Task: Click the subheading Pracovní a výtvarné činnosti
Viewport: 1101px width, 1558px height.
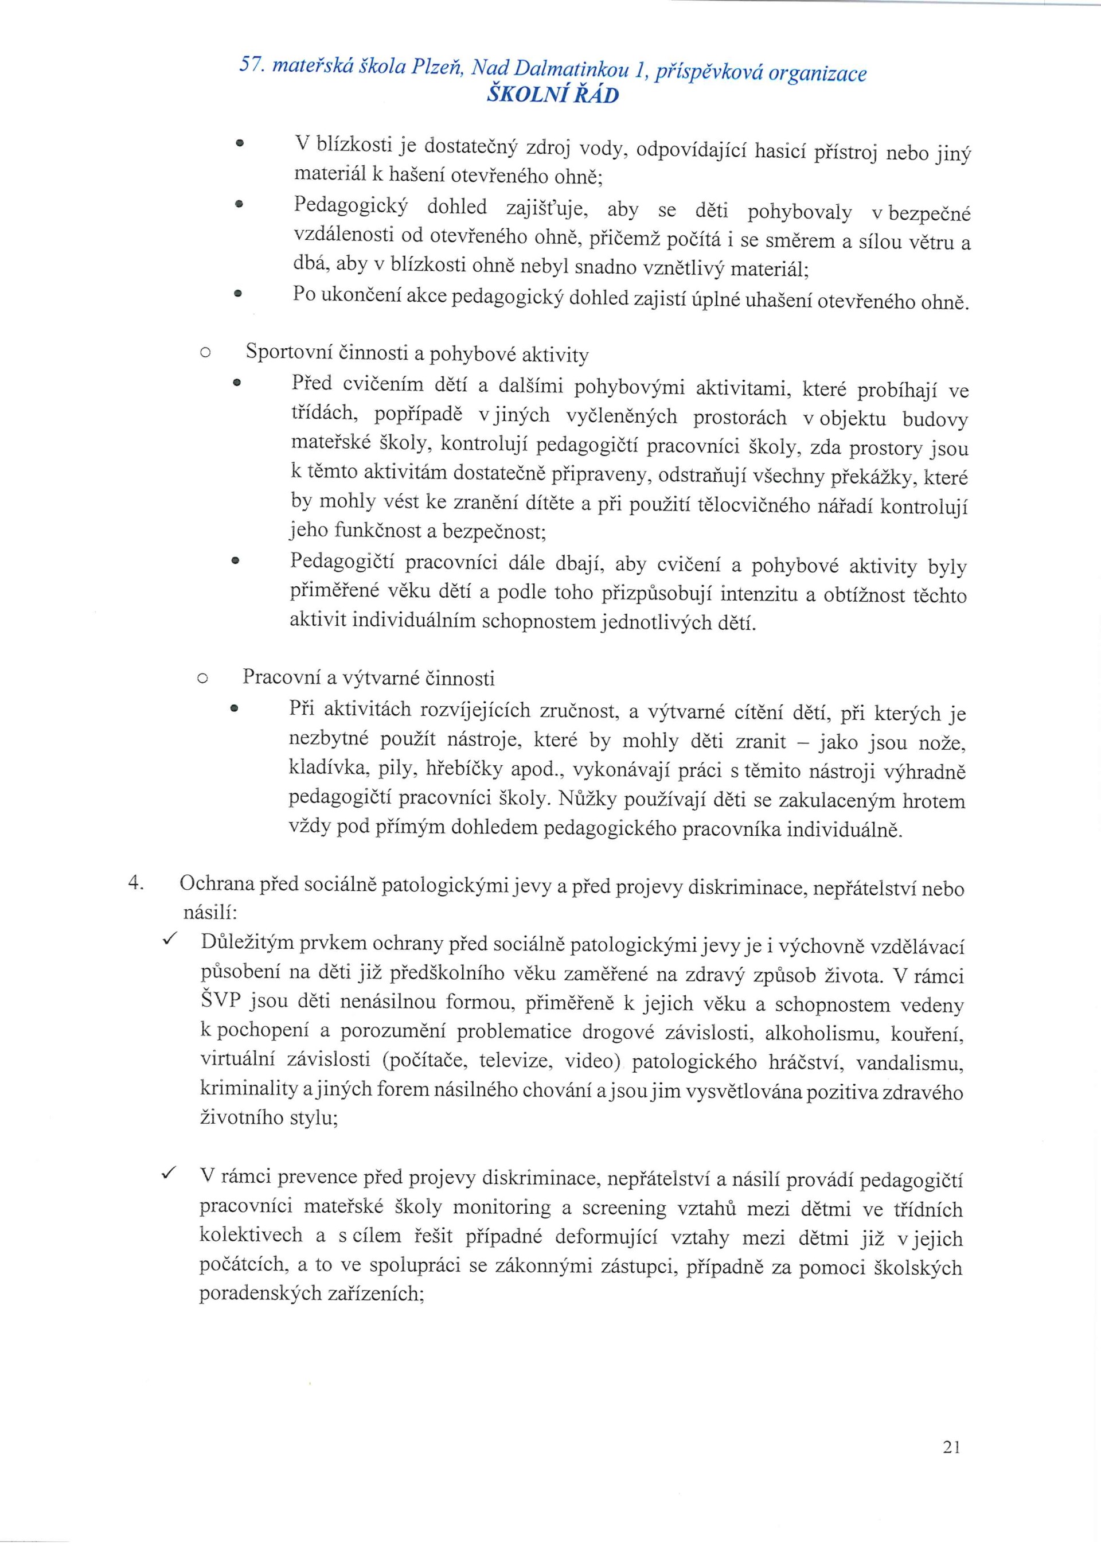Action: point(368,677)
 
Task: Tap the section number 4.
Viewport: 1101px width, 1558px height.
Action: point(135,883)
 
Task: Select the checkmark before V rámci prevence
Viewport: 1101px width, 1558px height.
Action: point(170,1173)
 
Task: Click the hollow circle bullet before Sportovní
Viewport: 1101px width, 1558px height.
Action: point(205,353)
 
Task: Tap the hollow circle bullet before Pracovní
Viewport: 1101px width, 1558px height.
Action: point(202,678)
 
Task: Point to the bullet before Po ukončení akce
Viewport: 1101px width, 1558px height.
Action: point(237,295)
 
